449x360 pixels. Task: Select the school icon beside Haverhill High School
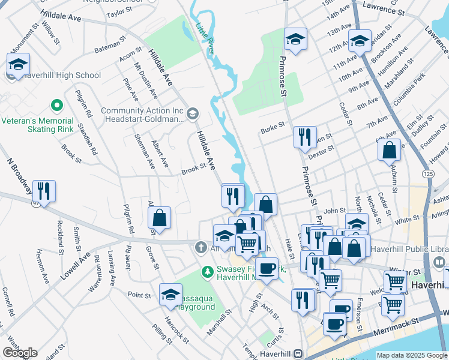tap(19, 65)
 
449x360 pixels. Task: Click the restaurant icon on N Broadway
tap(44, 191)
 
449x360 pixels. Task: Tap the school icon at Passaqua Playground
tap(171, 295)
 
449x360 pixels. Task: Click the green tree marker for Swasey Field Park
tap(208, 272)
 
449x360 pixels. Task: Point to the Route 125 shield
tap(428, 173)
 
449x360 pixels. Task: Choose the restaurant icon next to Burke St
tap(305, 137)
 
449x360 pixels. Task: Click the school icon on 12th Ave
tap(360, 41)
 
